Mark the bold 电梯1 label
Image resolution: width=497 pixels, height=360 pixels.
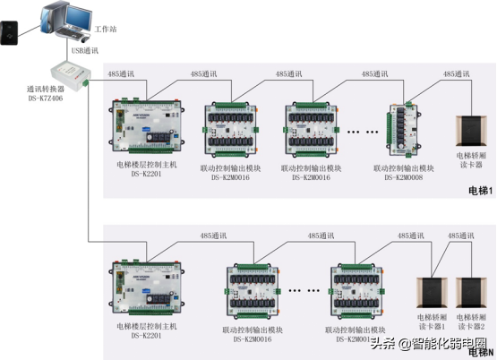pyautogui.click(x=480, y=192)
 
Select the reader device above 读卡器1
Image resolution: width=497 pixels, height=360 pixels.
pyautogui.click(x=433, y=293)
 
